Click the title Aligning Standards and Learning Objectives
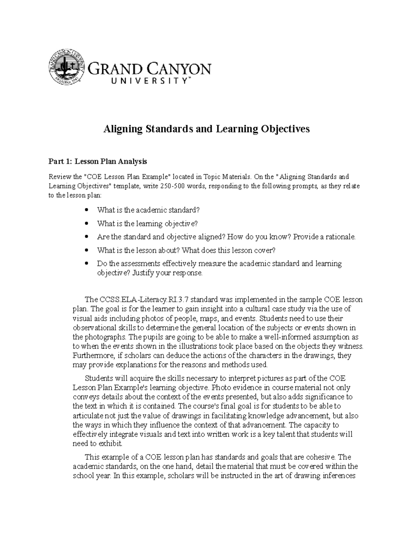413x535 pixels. (206, 129)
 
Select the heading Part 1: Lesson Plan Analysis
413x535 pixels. (98, 161)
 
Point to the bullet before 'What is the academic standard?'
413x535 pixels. (87, 210)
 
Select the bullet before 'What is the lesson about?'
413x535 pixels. (87, 250)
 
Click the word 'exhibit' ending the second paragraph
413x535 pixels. (110, 443)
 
